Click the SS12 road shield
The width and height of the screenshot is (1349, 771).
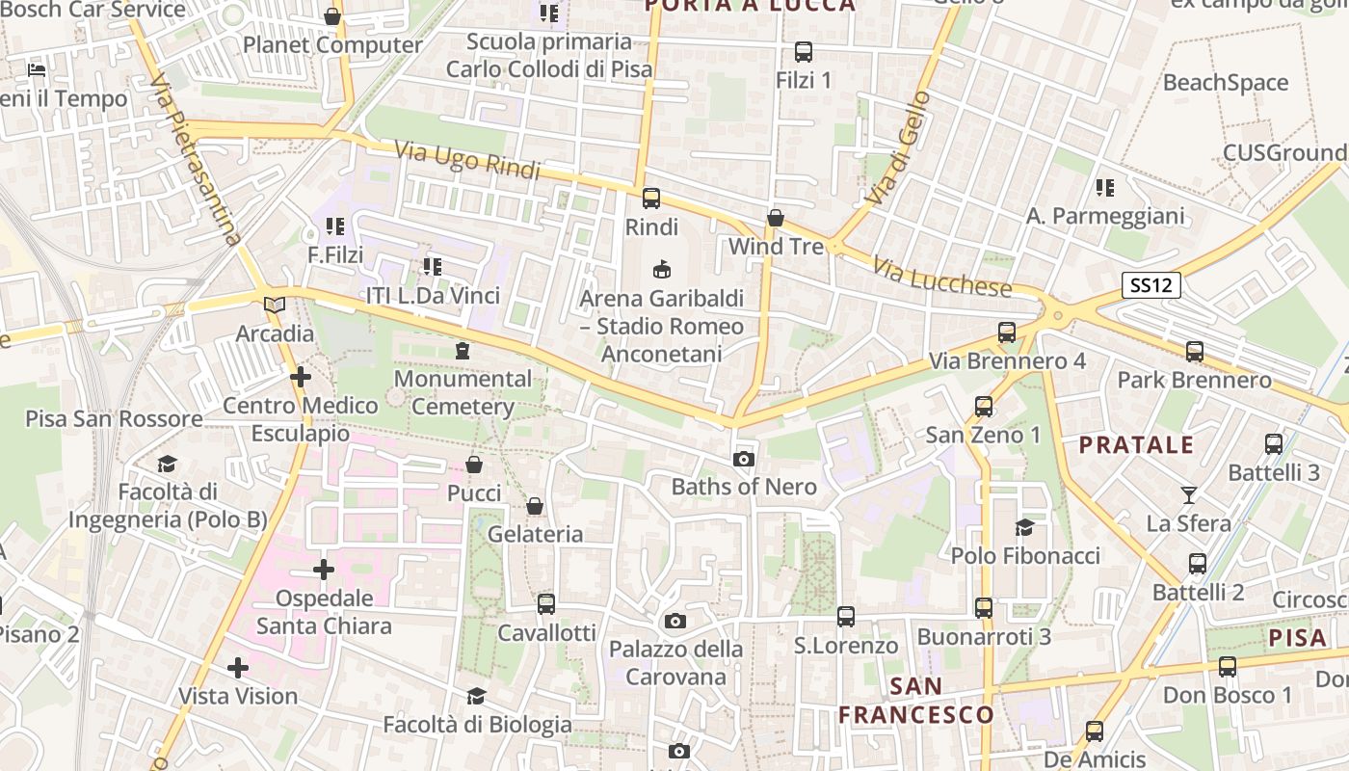[1151, 285]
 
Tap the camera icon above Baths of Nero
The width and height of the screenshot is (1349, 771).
[743, 459]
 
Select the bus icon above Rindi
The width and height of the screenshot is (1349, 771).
[651, 199]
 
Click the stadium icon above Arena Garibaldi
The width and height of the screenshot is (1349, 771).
[661, 269]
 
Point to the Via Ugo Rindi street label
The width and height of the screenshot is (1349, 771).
[467, 161]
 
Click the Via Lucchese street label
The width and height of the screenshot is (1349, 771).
[942, 277]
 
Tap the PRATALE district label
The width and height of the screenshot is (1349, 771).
[1136, 445]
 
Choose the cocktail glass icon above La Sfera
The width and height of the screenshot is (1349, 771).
[1189, 495]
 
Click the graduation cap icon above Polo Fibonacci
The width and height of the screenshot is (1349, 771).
[1024, 527]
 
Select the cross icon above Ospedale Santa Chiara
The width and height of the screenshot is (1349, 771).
[324, 570]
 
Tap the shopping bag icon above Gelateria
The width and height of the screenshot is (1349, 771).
[535, 506]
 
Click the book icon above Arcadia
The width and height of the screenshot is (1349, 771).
[275, 305]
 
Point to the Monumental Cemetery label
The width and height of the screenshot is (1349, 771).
[463, 392]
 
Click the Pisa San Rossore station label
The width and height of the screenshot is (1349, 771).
[114, 418]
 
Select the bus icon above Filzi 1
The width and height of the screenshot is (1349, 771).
[803, 51]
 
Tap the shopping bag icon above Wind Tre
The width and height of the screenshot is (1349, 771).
[775, 219]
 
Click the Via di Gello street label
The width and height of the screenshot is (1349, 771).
[898, 146]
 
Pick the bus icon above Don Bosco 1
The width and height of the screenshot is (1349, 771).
[1227, 666]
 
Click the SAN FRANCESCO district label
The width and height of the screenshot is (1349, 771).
[915, 701]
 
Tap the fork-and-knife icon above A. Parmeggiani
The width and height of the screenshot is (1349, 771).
[1104, 187]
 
